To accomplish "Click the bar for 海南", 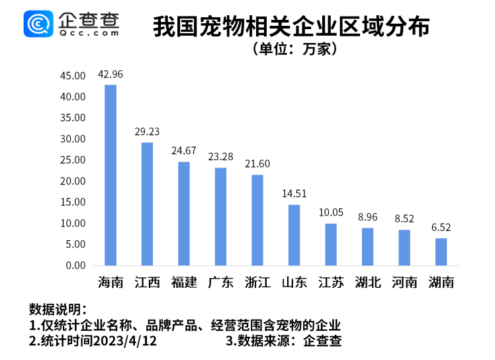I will pos(111,175).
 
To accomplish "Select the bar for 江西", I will pos(147,204).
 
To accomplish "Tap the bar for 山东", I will pos(294,235).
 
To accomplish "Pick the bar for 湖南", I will pos(441,251).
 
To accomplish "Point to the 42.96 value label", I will pos(111,73).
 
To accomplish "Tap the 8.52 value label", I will pos(404,218).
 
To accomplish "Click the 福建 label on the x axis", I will pos(184,283).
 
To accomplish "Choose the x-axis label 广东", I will pos(220,283).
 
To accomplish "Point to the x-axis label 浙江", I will pos(257,283).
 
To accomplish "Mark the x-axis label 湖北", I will pos(367,283).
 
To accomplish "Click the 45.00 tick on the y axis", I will pos(73,76).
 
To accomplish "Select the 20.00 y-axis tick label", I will pos(73,181).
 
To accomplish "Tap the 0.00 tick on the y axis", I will pos(75,265).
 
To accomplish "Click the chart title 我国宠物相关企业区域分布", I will pos(291,26).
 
